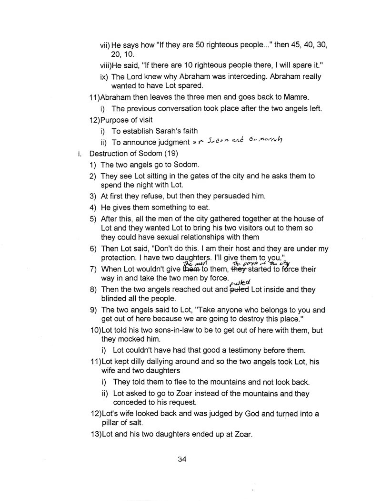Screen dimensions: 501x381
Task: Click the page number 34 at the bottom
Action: point(180,460)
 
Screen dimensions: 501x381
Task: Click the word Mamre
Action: point(298,97)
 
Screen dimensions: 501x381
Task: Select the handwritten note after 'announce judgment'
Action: point(237,141)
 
